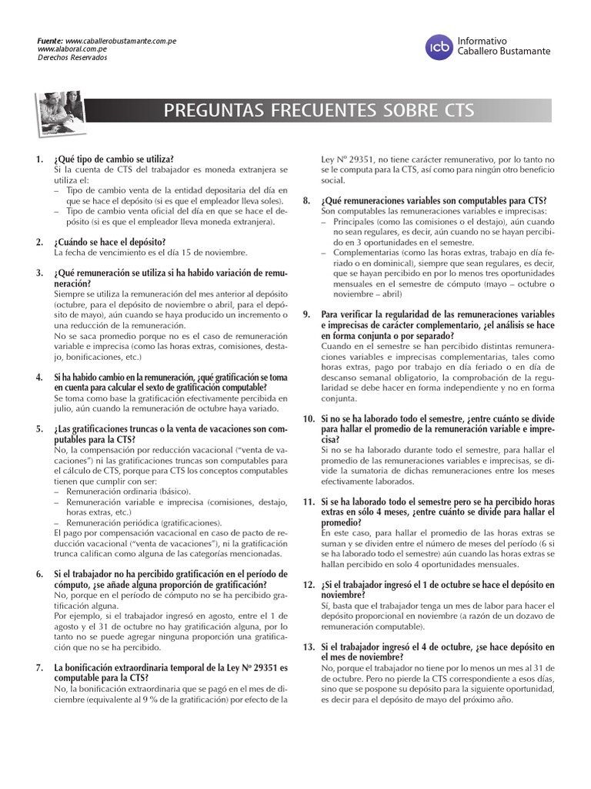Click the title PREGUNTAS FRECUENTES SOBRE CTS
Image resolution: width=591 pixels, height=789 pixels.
[319, 111]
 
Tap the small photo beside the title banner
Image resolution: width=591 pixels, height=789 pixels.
[60, 110]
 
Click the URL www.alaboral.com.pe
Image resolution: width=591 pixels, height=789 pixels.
[72, 49]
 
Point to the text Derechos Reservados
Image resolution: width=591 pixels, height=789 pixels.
[72, 58]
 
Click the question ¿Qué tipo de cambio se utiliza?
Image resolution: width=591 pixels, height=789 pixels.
[114, 159]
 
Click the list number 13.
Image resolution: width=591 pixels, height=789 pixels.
[309, 646]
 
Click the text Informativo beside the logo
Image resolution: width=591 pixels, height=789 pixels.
[482, 40]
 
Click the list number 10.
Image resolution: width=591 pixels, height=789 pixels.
[309, 418]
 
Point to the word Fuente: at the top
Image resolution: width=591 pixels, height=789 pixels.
[51, 40]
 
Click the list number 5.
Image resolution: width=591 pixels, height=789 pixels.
[38, 428]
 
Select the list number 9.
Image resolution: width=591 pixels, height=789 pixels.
[306, 314]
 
